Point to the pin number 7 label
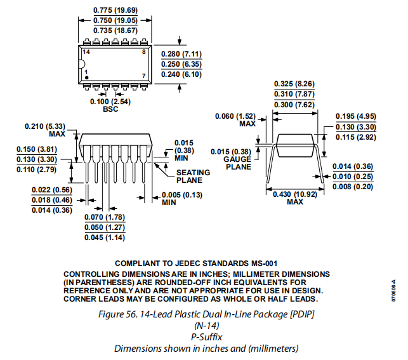(144, 76)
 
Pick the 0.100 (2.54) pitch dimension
(111, 102)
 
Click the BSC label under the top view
(111, 109)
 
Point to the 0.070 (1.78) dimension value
(105, 218)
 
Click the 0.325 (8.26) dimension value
(294, 84)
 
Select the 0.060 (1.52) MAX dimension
(235, 116)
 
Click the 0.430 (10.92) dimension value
(295, 194)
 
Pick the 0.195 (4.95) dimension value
(356, 116)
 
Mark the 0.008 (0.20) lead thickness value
(355, 186)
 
